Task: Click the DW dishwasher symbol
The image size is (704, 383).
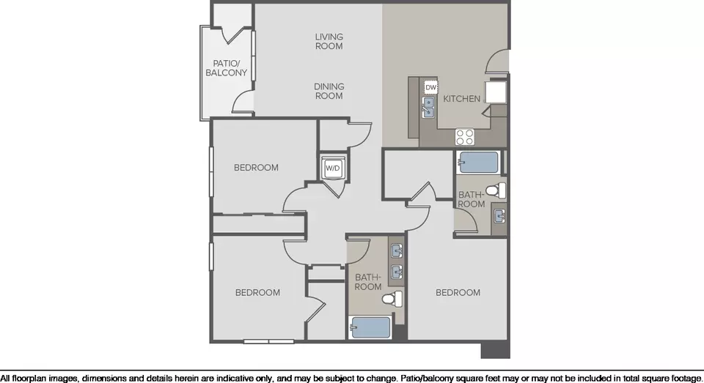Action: tap(431, 87)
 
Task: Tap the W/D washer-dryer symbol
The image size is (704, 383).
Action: tap(333, 168)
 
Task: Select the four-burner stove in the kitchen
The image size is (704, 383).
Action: tap(465, 137)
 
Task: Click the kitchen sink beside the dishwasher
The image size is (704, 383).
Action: tap(429, 108)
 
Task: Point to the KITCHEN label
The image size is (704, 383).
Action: tap(461, 99)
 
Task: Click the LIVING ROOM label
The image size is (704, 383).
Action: tap(329, 41)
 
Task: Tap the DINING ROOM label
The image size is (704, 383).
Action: tap(329, 91)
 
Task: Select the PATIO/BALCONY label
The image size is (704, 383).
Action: tap(227, 68)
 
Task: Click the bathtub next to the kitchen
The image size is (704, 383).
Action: tap(479, 163)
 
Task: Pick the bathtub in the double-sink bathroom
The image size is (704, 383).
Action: tap(370, 327)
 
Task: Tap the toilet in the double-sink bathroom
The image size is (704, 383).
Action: tap(393, 298)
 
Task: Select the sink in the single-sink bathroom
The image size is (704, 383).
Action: tap(499, 216)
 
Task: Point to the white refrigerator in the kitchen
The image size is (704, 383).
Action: tap(496, 92)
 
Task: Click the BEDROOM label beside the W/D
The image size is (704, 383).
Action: tap(256, 168)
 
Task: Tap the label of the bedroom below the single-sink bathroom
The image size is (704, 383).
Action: tap(458, 292)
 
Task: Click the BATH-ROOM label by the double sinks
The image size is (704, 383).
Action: tap(368, 282)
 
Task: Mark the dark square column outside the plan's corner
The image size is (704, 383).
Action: tap(495, 350)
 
